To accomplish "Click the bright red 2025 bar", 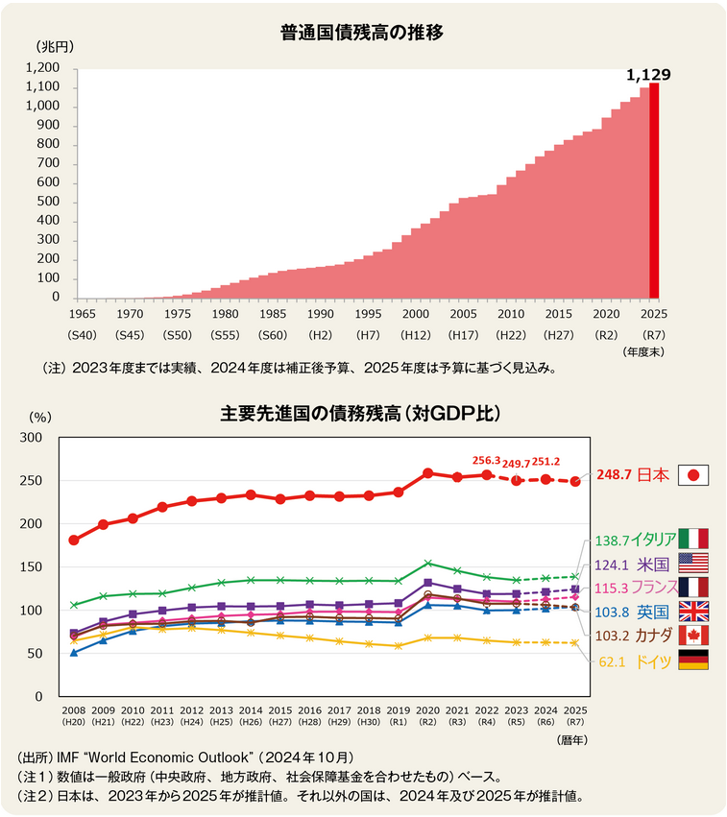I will click(654, 192).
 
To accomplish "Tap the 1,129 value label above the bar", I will click(648, 74).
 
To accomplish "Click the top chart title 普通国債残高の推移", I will click(362, 33).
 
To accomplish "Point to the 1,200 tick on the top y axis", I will click(44, 68).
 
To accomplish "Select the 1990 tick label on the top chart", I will click(320, 314).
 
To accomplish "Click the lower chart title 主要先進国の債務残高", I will click(361, 415).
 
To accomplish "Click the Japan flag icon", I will click(692, 475).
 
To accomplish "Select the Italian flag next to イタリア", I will click(692, 540).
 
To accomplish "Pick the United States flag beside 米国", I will click(692, 564).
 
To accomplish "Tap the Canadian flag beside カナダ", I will click(692, 635).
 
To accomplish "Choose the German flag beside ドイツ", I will click(692, 660).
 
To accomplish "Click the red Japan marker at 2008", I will click(74, 541).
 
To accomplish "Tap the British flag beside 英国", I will click(692, 612).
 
